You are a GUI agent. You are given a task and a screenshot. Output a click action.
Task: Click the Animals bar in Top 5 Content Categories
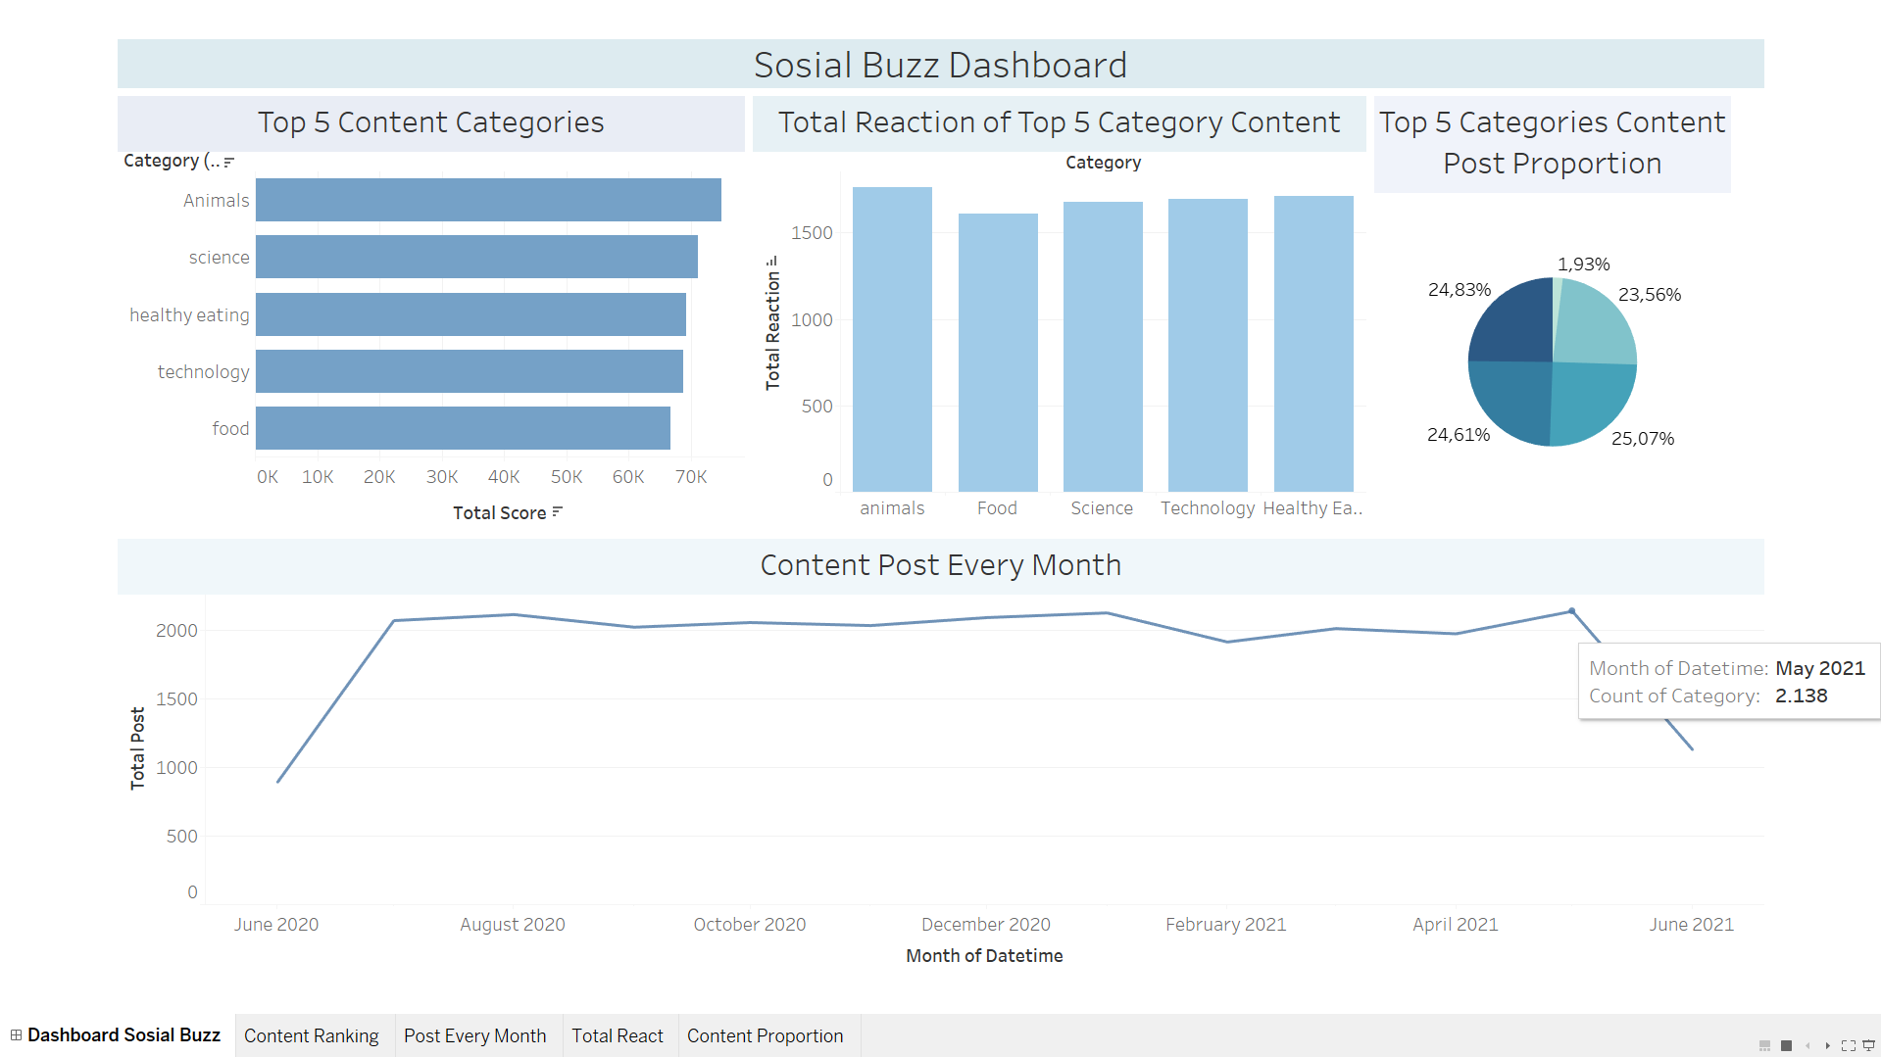(x=488, y=200)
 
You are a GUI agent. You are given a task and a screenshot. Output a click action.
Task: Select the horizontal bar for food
(x=463, y=428)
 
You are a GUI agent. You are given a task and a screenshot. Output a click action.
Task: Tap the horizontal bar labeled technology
(x=470, y=371)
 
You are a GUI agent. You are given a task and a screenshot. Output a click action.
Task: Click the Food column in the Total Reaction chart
(x=998, y=353)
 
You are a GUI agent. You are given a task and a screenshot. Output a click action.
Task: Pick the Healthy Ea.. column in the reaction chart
(x=1313, y=344)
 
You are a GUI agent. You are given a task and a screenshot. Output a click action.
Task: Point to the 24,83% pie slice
(x=1511, y=321)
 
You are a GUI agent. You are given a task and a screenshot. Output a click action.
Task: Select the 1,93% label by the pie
(x=1584, y=264)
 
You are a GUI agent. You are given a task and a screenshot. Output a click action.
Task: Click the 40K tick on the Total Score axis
(x=504, y=477)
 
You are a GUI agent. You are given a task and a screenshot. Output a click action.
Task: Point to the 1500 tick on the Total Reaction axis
(x=812, y=233)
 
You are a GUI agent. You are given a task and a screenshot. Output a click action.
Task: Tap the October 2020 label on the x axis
(x=750, y=925)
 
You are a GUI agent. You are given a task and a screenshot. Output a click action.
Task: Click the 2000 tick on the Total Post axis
(x=176, y=631)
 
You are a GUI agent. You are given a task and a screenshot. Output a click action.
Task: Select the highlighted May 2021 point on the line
(x=1572, y=611)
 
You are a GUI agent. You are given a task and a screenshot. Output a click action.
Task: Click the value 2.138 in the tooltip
(x=1802, y=696)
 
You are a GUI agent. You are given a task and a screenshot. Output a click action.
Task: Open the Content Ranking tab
(x=312, y=1036)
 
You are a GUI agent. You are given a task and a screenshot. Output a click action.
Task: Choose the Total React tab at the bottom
(x=618, y=1036)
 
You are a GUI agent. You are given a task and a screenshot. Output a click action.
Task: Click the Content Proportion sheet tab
(x=766, y=1036)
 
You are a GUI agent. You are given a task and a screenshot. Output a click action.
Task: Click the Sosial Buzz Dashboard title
(x=941, y=66)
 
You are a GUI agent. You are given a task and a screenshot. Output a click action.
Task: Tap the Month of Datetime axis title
(x=984, y=956)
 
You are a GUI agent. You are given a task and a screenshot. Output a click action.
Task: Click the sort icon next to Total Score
(x=558, y=511)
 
